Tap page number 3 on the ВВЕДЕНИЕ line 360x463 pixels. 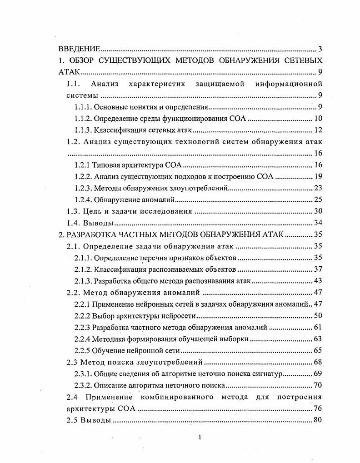tap(320, 49)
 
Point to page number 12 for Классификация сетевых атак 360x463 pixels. tap(318, 131)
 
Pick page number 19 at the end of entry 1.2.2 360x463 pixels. tap(318, 177)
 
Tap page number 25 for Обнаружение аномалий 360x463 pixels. tap(318, 200)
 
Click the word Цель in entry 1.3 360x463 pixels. tap(92, 212)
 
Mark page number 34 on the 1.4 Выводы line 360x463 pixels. tap(318, 224)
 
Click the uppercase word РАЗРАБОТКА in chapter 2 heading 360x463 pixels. tap(92, 235)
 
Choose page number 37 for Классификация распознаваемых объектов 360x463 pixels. tap(318, 270)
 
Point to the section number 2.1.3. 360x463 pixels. tap(83, 282)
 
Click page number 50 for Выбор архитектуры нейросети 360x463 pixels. tap(318, 316)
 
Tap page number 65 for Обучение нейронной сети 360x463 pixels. tap(318, 351)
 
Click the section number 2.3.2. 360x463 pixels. tap(83, 386)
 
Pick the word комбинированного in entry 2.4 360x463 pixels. tap(178, 398)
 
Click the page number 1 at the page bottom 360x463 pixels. tap(200, 438)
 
